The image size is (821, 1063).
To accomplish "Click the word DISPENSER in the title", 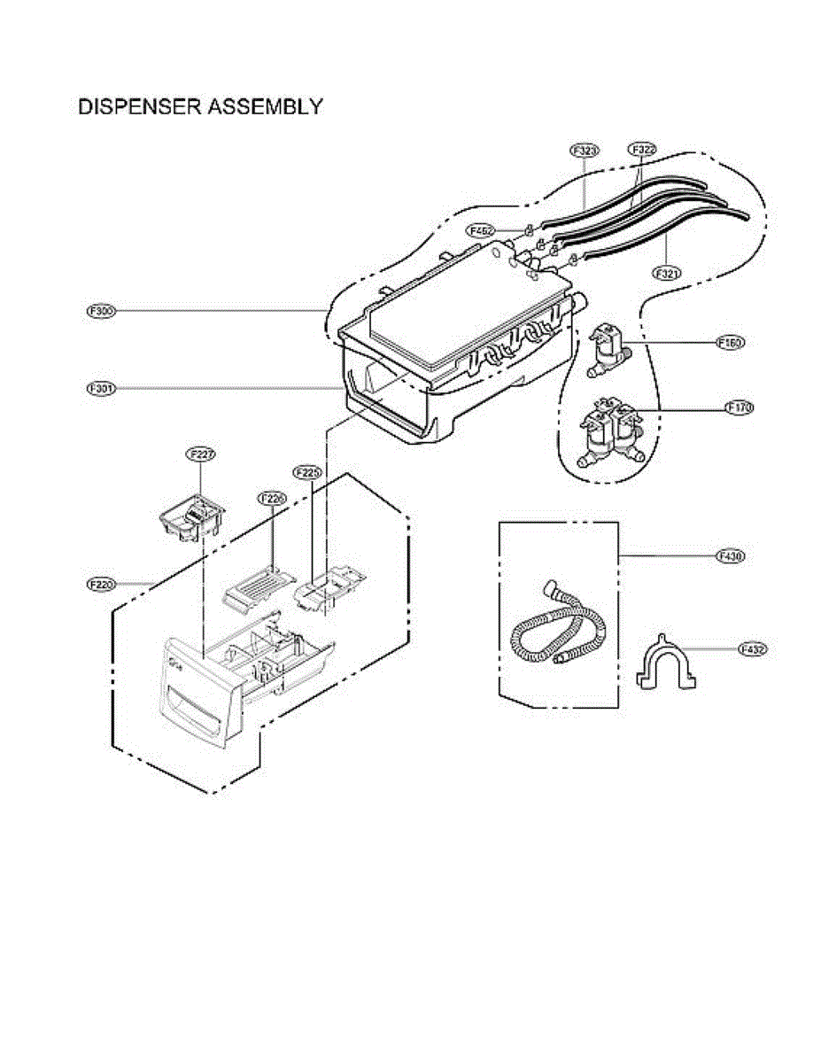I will point(134,107).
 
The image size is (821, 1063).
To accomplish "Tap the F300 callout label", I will point(102,311).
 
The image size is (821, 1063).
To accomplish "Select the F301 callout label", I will point(102,388).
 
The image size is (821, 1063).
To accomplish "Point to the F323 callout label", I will point(585,151).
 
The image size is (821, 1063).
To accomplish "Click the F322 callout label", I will point(642,151).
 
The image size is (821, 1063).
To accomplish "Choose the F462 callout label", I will point(482,230).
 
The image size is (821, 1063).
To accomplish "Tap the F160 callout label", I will point(731,342).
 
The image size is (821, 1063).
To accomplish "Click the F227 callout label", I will point(201,454).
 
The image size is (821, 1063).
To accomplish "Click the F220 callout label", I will point(103,585).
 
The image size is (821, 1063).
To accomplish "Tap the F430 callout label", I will point(731,556).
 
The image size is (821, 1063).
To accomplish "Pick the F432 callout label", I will point(753,649).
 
